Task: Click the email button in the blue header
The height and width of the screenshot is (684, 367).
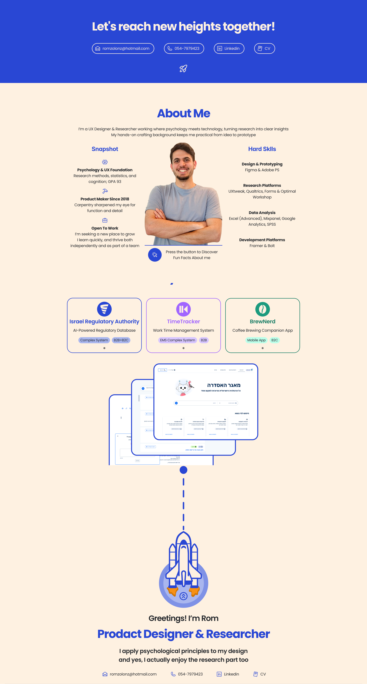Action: coord(123,48)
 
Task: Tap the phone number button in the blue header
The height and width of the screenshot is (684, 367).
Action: coord(184,48)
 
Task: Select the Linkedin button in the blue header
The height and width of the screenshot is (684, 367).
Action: coord(229,48)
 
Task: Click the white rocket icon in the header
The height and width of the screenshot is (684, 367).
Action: coord(183,69)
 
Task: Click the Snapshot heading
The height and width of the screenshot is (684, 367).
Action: coord(105,149)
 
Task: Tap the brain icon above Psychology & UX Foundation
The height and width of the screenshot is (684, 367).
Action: coord(105,162)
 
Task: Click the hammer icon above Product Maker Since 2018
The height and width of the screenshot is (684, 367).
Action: coord(105,191)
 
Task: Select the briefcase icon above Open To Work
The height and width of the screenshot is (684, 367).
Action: coord(105,220)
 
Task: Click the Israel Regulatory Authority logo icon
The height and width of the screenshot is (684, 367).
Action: coord(104,309)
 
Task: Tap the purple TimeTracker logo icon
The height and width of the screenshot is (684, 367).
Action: coord(183,309)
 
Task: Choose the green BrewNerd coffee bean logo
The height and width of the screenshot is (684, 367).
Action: coord(262,309)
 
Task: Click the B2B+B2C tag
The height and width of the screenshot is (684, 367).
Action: coord(121,340)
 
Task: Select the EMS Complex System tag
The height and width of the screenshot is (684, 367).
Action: coord(178,340)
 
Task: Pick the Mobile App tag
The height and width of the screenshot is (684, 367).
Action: coord(256,340)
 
